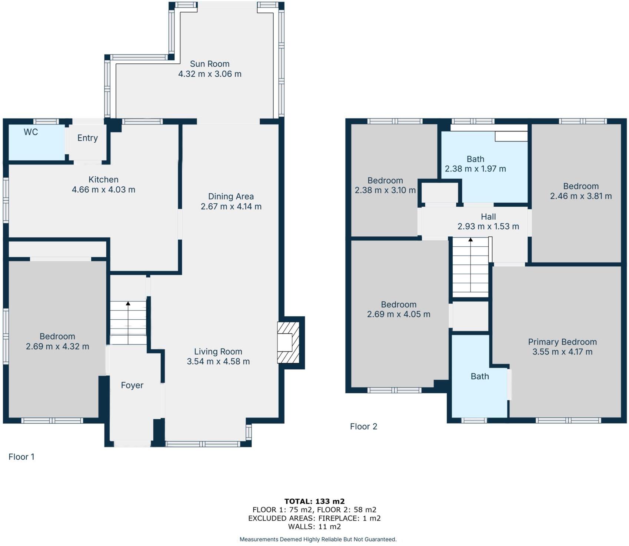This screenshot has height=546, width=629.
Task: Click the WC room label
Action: tap(31, 132)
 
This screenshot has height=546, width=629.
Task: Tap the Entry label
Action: tap(87, 138)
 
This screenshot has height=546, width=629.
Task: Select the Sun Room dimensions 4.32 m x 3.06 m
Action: tap(210, 74)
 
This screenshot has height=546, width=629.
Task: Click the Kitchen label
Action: tap(103, 180)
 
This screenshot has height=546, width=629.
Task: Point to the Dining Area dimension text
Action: tap(231, 207)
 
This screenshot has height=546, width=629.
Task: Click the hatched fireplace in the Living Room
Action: tap(288, 343)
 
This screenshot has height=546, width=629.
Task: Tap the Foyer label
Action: tap(132, 386)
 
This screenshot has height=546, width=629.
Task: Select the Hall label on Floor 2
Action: tap(488, 217)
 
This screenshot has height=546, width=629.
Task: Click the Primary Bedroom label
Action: tap(562, 342)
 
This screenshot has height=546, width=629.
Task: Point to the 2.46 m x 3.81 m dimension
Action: tap(581, 196)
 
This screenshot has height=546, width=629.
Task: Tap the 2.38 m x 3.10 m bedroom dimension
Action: tap(385, 190)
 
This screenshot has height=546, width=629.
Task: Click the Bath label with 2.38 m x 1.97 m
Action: tap(475, 159)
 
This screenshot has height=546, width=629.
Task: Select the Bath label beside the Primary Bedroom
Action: tap(480, 376)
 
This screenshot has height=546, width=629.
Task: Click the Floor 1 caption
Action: tap(21, 457)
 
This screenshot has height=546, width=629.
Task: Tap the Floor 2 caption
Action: tap(363, 427)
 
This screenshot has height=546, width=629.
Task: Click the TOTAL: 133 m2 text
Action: tap(314, 502)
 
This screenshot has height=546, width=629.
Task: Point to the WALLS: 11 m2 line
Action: tap(314, 527)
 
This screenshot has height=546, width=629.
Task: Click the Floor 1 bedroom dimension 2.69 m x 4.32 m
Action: tap(57, 347)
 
